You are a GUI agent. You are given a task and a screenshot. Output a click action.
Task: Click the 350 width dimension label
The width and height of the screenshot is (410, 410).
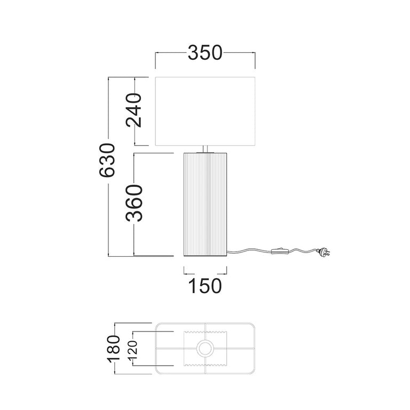pyautogui.click(x=205, y=52)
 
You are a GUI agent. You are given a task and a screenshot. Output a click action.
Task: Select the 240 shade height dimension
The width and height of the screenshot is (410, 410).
pyautogui.click(x=134, y=110)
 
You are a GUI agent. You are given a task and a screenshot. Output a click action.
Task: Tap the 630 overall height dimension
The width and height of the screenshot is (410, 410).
pyautogui.click(x=107, y=160)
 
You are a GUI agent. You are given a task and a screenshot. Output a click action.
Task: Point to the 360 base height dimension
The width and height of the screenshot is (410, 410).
pyautogui.click(x=134, y=203)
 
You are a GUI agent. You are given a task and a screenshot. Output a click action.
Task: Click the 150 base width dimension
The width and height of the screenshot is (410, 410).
pyautogui.click(x=205, y=286)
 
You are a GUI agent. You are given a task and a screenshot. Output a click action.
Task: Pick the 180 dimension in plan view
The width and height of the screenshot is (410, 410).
pyautogui.click(x=114, y=349)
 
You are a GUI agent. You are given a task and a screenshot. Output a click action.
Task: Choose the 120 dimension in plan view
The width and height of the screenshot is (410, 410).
pyautogui.click(x=132, y=350)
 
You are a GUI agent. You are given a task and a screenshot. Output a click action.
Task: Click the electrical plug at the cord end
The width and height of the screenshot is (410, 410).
pyautogui.click(x=323, y=252)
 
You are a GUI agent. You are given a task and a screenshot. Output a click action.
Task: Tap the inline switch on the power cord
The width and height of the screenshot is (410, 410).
pyautogui.click(x=280, y=251)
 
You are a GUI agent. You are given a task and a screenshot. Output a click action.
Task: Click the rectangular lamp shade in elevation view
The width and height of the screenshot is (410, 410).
pyautogui.click(x=205, y=111)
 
